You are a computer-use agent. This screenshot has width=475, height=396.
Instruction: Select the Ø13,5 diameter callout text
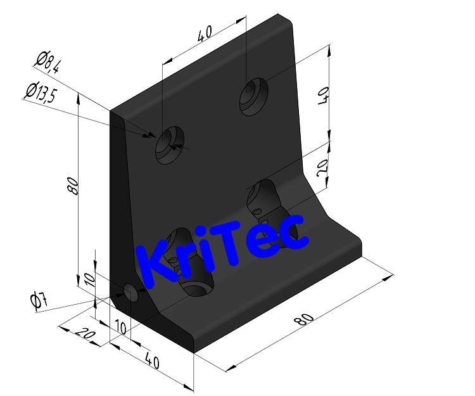41,93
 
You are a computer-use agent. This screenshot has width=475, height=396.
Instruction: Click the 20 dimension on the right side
322,167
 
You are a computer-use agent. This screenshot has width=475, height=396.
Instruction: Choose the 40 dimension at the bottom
152,362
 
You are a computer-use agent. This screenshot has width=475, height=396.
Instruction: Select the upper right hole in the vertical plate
254,96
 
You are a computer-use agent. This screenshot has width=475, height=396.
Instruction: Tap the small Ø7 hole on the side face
132,293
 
